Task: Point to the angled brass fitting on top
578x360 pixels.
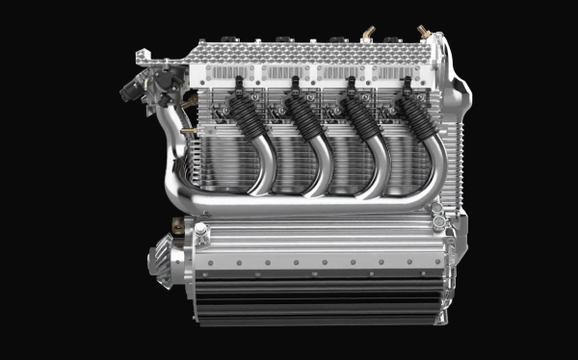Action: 368,34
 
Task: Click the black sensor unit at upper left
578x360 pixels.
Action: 133,88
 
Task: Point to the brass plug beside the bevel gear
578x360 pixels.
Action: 177,227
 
